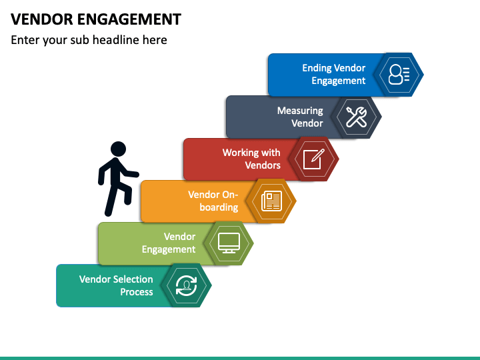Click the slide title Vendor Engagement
pos(96,19)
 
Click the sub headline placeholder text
pos(89,40)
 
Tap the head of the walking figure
pos(118,149)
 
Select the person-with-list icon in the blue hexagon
pos(399,75)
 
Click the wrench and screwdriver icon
pos(356,117)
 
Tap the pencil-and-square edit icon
pos(314,159)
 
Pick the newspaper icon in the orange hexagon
pos(271,201)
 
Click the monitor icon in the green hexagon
pos(229,243)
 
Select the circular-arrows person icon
pos(187,285)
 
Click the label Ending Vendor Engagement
pos(334,75)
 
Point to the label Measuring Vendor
pos(300,117)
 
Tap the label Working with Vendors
pos(251,159)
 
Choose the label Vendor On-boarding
pos(213,201)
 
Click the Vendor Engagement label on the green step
pos(169,243)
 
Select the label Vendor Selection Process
pos(116,285)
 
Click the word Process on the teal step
pos(137,292)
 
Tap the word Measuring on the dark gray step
pos(300,111)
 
